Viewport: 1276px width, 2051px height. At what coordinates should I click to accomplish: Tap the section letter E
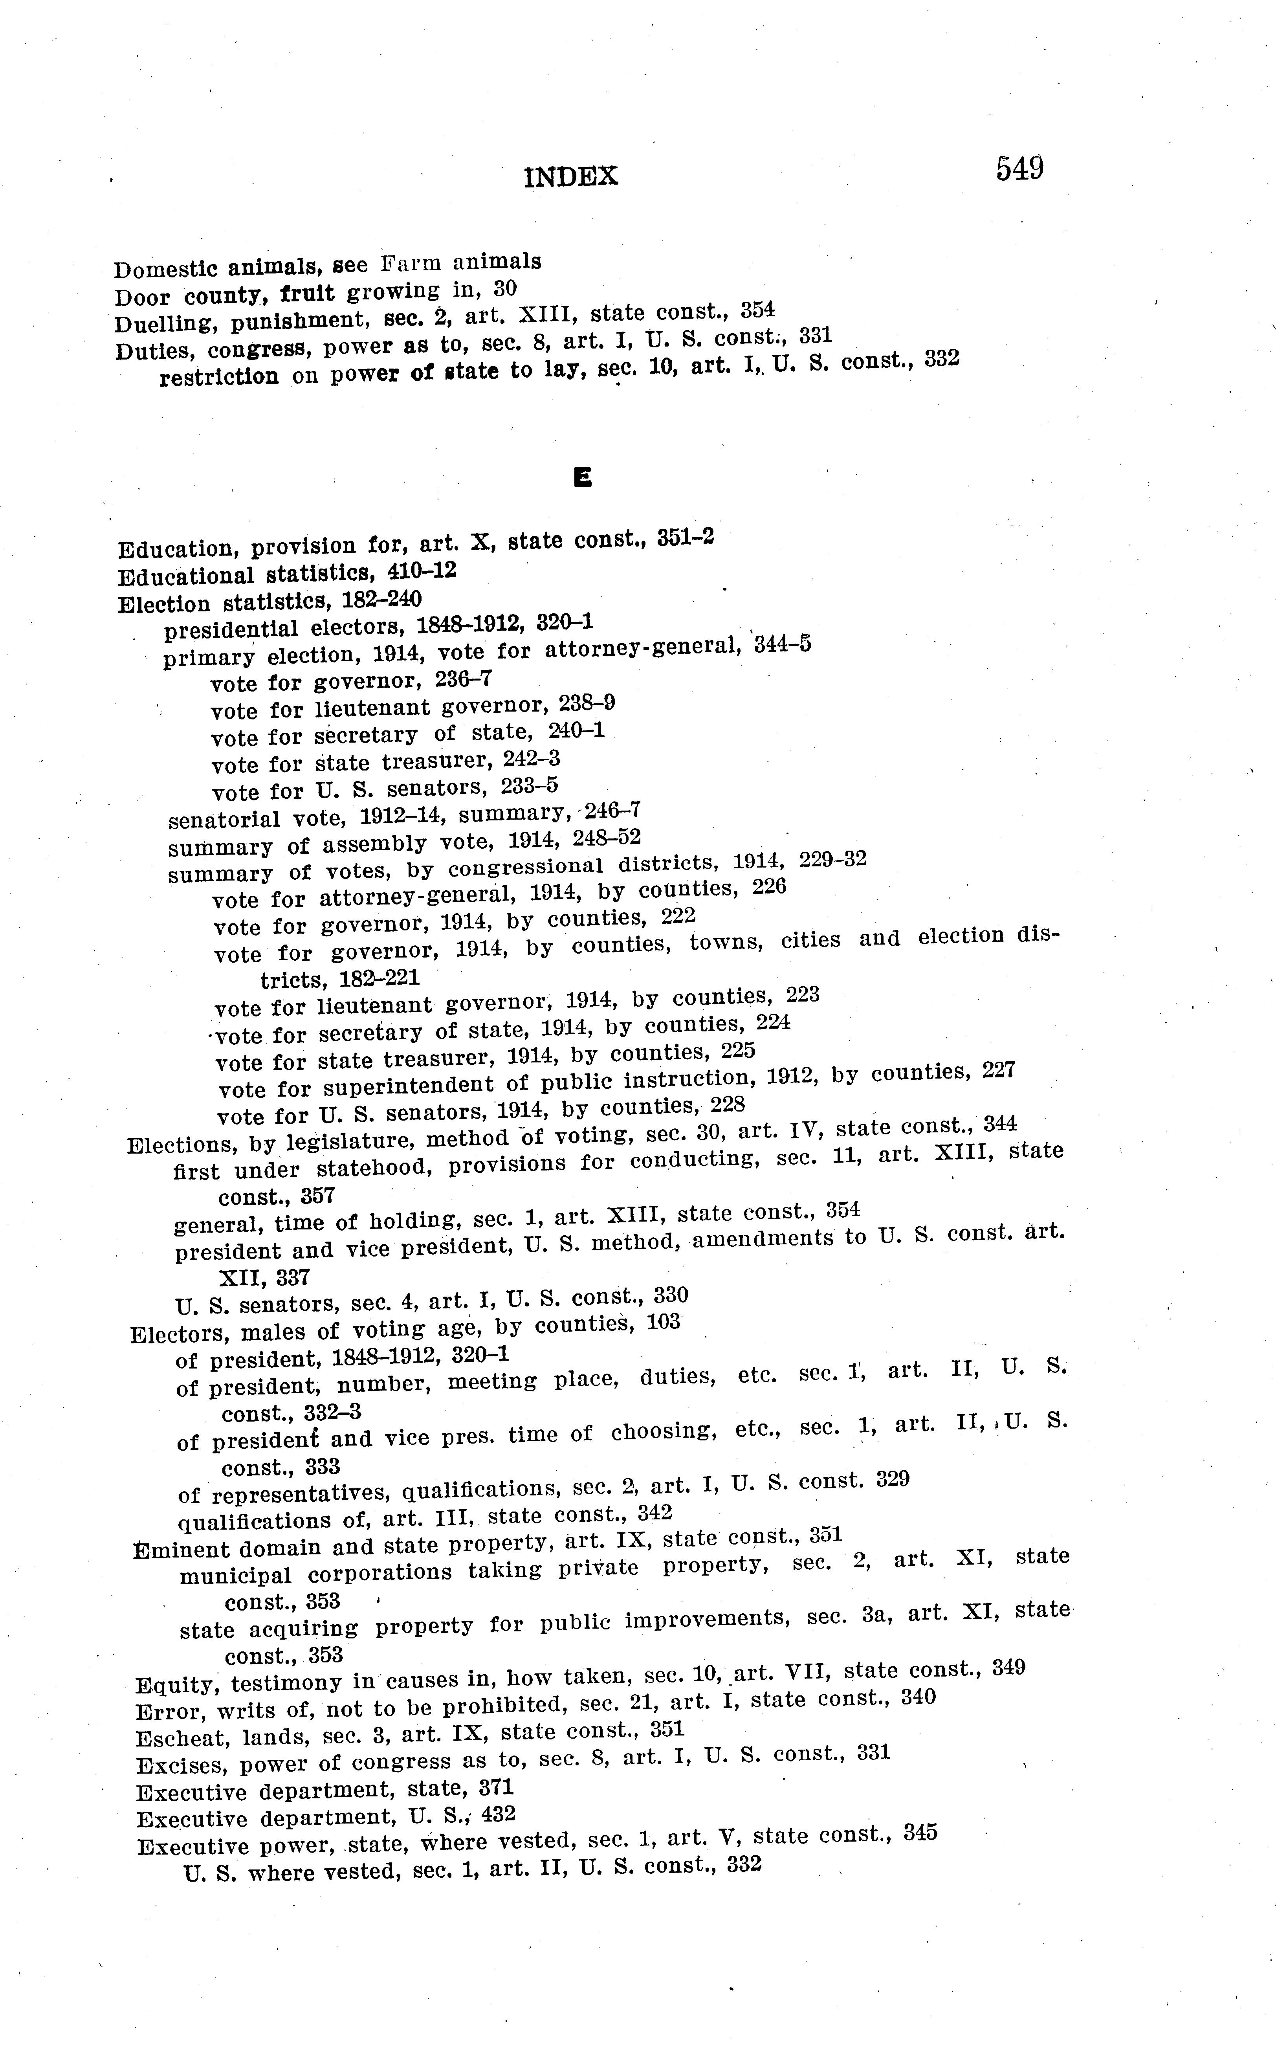point(581,478)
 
